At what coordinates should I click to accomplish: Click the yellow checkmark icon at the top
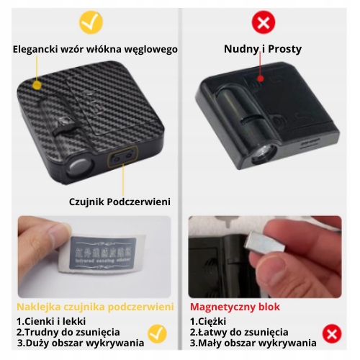coord(91,22)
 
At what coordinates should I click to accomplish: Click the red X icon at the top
coord(264,22)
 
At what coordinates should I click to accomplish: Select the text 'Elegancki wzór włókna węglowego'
coord(95,50)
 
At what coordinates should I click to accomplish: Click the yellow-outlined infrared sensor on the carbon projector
coord(121,155)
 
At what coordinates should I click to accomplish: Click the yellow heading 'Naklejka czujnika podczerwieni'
coord(95,307)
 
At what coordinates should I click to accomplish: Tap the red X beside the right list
coord(331,333)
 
